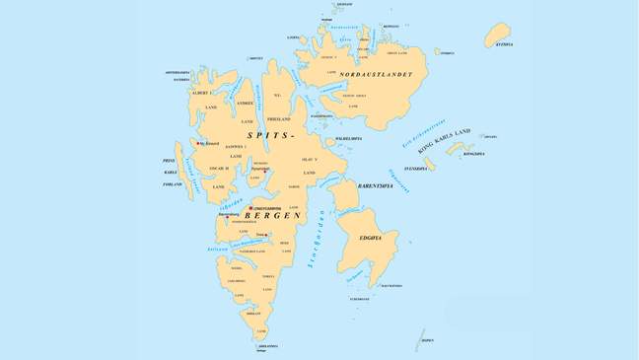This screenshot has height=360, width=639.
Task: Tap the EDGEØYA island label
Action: (379, 238)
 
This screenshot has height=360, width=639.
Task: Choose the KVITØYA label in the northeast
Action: (504, 44)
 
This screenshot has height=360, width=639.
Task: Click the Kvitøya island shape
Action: (497, 36)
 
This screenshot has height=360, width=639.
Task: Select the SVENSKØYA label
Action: (415, 169)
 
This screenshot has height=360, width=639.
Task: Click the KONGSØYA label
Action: (474, 154)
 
